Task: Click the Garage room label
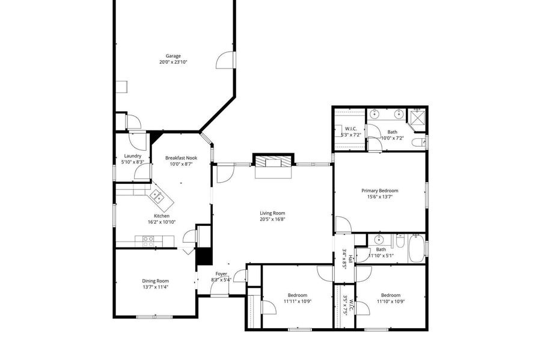pos(173,56)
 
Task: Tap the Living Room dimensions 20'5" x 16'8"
pos(272,219)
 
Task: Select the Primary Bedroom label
pos(379,191)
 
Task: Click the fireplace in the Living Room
pos(274,166)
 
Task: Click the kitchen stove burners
pos(148,242)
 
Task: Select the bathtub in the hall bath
pos(417,248)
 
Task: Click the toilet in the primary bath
pos(419,142)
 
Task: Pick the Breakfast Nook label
pos(181,158)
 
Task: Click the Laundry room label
pos(132,156)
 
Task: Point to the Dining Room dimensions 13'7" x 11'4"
pos(156,287)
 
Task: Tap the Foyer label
pos(221,274)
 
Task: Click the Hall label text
pos(350,259)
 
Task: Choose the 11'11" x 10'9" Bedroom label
pos(298,295)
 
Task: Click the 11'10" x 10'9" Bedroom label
pos(391,295)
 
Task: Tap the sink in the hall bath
pos(379,239)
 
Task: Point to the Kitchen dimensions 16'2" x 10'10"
pos(162,222)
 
